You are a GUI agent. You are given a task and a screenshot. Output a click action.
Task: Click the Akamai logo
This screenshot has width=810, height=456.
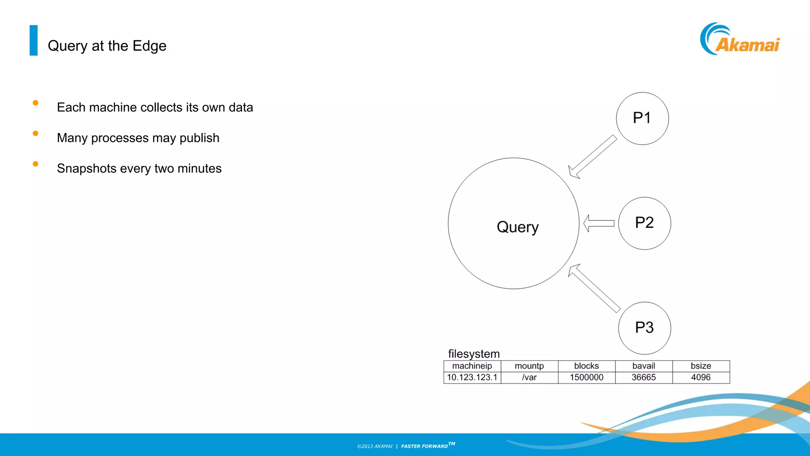(x=739, y=39)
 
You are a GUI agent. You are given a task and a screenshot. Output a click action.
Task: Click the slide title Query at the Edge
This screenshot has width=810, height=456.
(x=107, y=46)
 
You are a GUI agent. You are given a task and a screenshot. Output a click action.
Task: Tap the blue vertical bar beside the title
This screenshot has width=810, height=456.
(x=34, y=40)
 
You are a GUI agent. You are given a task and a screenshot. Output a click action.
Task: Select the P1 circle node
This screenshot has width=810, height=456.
(x=642, y=118)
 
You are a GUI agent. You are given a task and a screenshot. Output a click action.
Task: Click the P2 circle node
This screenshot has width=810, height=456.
(x=644, y=223)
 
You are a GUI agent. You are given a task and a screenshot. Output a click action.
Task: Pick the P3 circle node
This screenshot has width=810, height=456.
(x=644, y=328)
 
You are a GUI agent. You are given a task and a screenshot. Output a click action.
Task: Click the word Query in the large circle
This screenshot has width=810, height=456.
(x=517, y=227)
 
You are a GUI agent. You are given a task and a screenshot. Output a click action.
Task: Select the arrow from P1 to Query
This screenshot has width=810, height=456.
(x=592, y=157)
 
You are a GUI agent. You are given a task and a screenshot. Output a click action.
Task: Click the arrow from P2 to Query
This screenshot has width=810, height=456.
(x=599, y=223)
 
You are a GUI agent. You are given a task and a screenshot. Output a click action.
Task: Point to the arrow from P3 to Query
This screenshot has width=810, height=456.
(x=594, y=288)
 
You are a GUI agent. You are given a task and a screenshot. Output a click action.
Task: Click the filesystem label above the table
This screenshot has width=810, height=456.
(x=473, y=353)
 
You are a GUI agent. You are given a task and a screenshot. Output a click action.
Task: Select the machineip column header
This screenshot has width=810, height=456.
(x=472, y=366)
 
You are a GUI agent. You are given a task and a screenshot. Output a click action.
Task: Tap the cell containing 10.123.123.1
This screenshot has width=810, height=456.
(x=472, y=378)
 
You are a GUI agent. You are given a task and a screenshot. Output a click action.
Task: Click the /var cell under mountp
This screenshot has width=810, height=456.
(x=529, y=378)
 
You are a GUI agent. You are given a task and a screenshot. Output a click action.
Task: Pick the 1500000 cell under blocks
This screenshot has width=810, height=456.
(x=586, y=378)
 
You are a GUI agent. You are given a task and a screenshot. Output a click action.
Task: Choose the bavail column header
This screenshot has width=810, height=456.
(x=643, y=366)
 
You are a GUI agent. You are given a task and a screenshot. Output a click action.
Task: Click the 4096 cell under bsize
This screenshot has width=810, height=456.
(x=700, y=378)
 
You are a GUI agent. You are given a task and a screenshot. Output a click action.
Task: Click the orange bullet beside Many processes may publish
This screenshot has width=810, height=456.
(x=36, y=133)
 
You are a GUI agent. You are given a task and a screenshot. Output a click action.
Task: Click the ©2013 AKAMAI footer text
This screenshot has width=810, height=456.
(x=375, y=446)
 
